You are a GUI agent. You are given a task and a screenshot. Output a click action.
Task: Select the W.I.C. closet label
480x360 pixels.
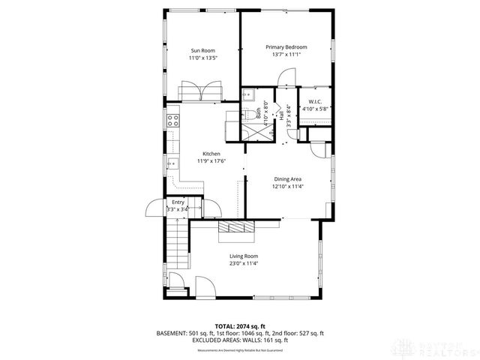pos(315,101)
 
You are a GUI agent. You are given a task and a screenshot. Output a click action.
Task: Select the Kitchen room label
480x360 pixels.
pos(211,153)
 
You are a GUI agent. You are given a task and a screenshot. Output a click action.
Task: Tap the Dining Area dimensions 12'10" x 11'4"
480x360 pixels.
pos(287,187)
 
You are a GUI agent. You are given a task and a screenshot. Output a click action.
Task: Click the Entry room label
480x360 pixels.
pos(178,202)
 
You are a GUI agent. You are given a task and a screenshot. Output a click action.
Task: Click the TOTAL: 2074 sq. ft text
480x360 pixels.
pos(240,325)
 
